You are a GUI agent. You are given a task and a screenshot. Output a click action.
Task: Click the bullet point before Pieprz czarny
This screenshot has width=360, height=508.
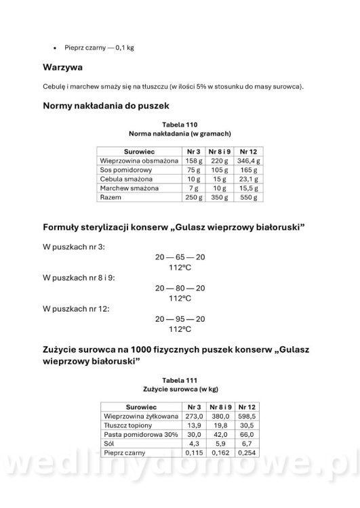pos(54,49)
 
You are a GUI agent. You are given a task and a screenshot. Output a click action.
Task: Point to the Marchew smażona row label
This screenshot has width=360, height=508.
pos(129,188)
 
